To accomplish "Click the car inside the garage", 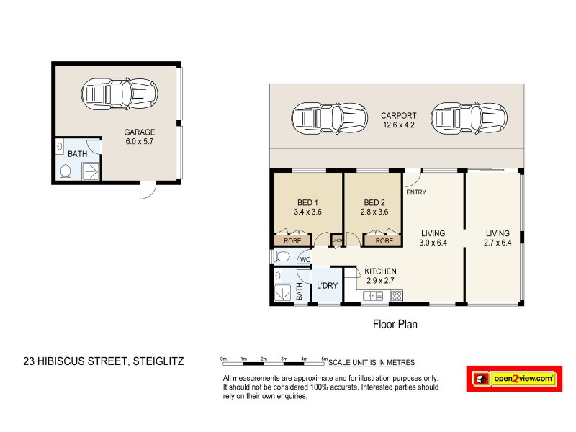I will click(117, 93).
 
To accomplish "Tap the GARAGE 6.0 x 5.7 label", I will click(140, 137).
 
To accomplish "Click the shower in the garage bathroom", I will click(91, 171).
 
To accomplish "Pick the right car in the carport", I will click(469, 117).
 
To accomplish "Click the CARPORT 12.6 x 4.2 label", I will click(398, 120).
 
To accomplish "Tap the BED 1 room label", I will click(307, 207).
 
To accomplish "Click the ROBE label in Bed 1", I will click(292, 240).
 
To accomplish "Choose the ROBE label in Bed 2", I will click(384, 240).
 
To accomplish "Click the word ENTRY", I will click(416, 192).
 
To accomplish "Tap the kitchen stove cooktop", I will click(396, 296).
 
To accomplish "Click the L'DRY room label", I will click(327, 286).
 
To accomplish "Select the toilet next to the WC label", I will click(282, 256).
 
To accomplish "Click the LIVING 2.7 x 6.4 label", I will click(497, 238).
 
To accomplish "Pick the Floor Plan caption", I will click(395, 324).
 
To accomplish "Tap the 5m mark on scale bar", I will click(324, 359).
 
